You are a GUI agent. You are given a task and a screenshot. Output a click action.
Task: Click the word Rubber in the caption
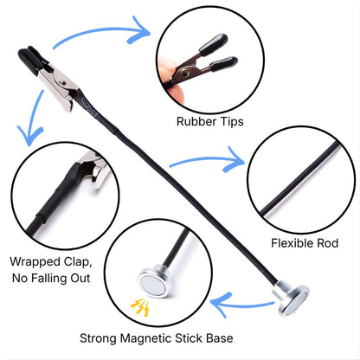(196, 121)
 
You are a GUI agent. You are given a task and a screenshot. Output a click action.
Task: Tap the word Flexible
(292, 243)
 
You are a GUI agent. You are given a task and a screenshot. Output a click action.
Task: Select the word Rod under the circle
(328, 243)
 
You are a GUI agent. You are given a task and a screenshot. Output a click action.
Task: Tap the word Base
(220, 338)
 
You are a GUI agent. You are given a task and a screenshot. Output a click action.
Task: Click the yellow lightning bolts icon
(140, 307)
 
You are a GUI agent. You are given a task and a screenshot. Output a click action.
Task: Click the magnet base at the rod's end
(292, 299)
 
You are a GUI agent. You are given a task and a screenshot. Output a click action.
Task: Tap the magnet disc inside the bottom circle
(155, 281)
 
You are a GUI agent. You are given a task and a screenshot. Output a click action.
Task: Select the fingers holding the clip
(170, 79)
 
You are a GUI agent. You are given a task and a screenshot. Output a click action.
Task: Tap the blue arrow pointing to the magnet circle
(242, 304)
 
